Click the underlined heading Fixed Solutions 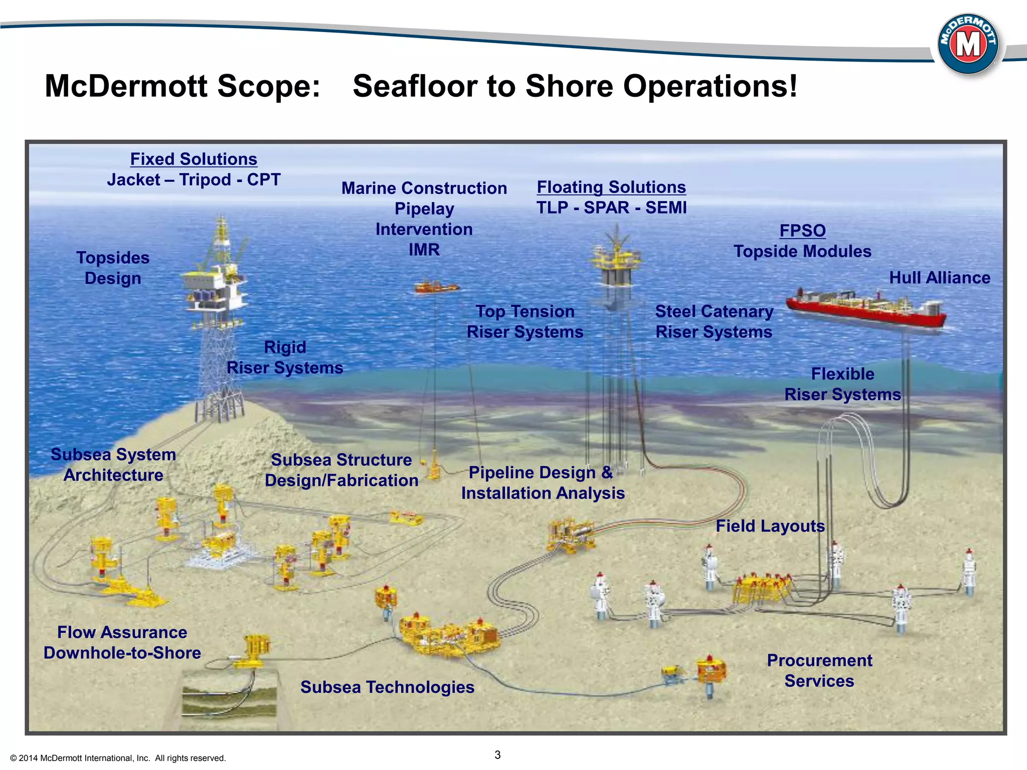click(x=194, y=159)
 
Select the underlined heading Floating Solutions click(x=611, y=187)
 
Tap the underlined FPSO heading click(x=802, y=231)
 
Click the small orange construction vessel click(x=435, y=287)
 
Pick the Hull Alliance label click(x=939, y=278)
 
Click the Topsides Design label click(x=113, y=268)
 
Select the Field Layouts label click(x=770, y=526)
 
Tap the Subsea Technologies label click(x=387, y=687)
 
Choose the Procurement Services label click(x=819, y=670)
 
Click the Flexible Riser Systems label click(x=842, y=384)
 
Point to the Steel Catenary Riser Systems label click(x=714, y=321)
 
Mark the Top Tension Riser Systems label click(x=525, y=321)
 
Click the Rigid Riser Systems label click(x=285, y=357)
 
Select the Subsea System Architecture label click(x=113, y=464)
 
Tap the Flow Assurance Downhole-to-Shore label click(x=122, y=642)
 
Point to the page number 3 click(x=497, y=755)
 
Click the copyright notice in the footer click(x=118, y=758)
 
